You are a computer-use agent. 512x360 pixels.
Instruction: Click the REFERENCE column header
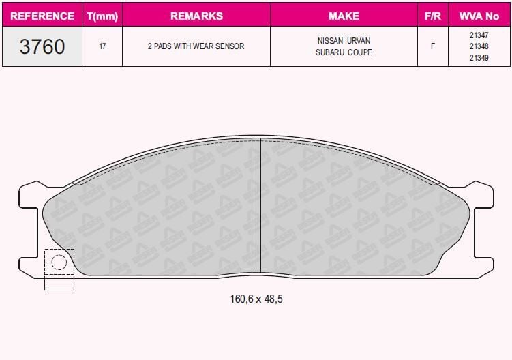click(42, 16)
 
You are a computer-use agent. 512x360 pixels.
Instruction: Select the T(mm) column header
click(102, 16)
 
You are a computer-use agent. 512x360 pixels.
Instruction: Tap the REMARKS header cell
click(196, 16)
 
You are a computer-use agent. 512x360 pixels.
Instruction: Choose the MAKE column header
click(344, 16)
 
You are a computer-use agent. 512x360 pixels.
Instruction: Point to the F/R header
click(433, 16)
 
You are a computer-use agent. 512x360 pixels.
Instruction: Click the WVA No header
click(479, 16)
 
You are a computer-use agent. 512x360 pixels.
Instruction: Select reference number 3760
click(42, 46)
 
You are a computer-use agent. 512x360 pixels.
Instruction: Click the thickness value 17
click(102, 46)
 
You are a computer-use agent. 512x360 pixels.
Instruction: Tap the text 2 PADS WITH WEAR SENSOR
click(196, 46)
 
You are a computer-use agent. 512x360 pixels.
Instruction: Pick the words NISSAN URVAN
click(344, 41)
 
